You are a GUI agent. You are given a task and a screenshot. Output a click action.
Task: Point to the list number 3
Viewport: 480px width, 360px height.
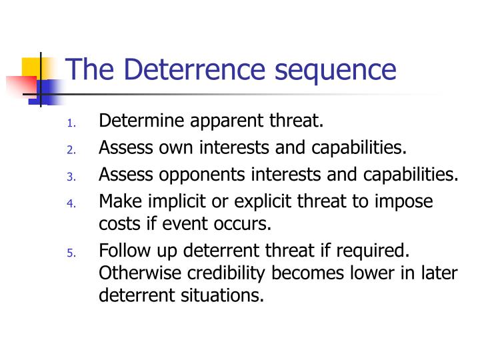click(x=72, y=177)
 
